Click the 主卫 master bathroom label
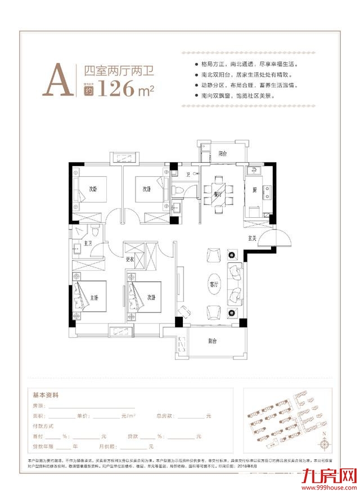(87, 243)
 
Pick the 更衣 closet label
(129, 259)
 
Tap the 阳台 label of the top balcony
(223, 153)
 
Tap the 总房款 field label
(163, 415)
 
